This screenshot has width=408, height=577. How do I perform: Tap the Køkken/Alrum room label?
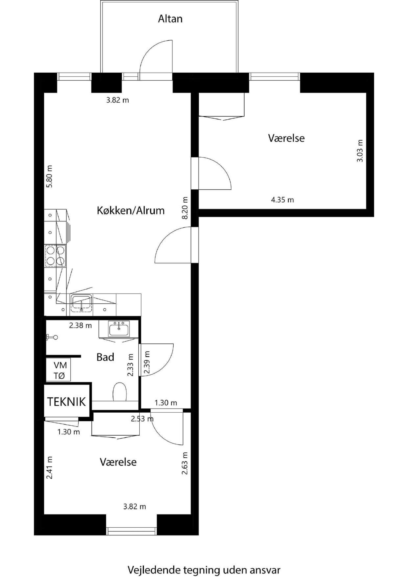click(x=131, y=211)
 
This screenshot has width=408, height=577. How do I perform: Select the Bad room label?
click(x=105, y=357)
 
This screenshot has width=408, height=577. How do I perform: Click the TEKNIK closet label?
click(x=67, y=402)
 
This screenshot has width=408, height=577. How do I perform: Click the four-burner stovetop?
click(x=56, y=256)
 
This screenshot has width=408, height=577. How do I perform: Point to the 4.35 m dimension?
click(x=282, y=200)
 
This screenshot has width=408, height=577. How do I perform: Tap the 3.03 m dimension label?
click(x=360, y=151)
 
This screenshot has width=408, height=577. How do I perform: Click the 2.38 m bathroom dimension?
click(x=80, y=326)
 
